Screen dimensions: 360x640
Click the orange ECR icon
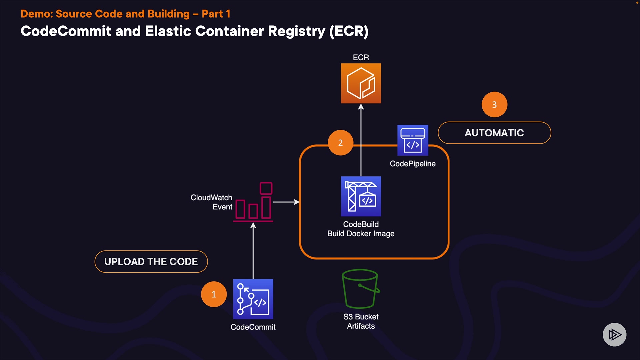(361, 83)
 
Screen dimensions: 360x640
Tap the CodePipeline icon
(413, 140)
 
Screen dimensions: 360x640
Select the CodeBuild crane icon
(361, 196)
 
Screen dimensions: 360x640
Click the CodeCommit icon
(253, 299)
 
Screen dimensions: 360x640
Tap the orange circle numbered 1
(214, 294)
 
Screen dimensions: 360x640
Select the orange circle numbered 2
(340, 143)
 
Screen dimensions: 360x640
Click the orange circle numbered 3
(494, 105)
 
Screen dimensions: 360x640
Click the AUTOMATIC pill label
(494, 133)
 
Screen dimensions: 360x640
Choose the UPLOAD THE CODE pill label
(151, 262)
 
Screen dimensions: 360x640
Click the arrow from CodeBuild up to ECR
(361, 140)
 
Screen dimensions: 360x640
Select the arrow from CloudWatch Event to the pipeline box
(286, 202)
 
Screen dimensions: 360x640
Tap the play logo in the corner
(614, 334)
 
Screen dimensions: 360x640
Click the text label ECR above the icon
(361, 57)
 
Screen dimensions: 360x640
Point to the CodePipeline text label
(413, 164)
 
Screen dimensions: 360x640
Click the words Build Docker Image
(361, 234)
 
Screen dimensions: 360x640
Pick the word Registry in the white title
(296, 31)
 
